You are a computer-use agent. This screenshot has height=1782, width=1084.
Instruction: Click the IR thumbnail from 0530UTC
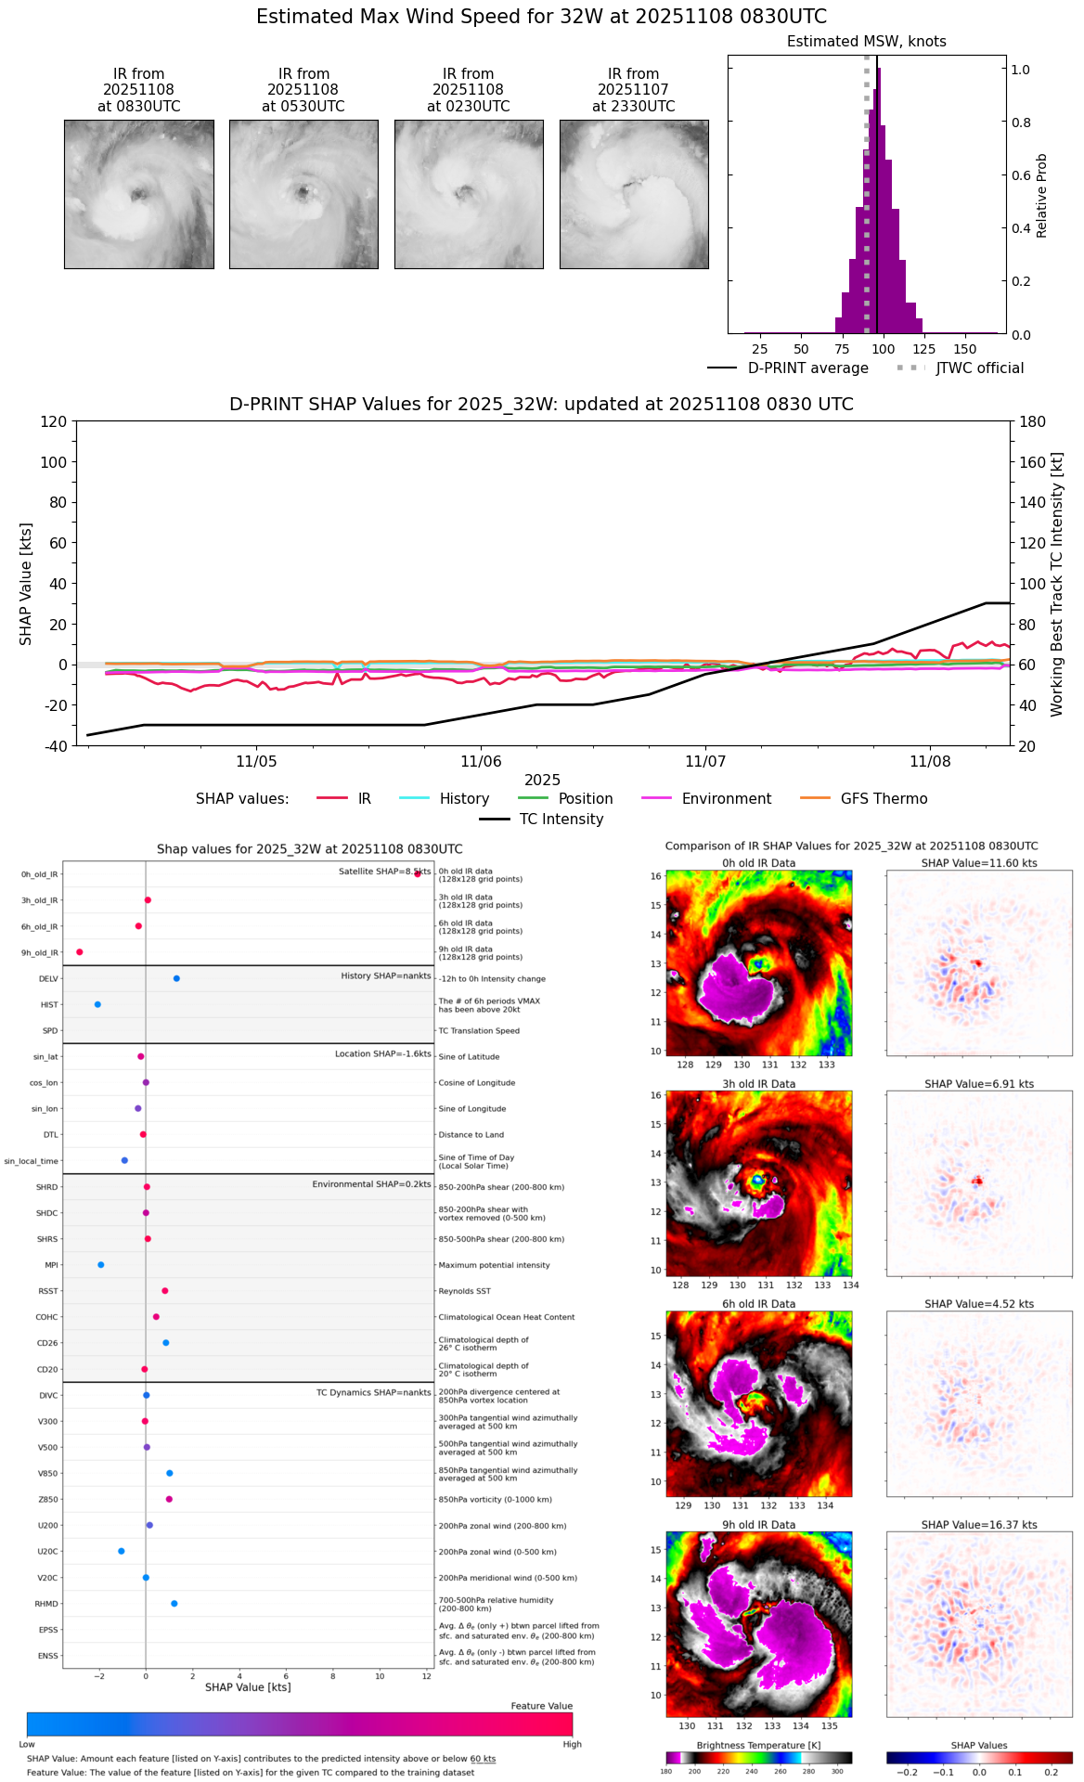click(303, 194)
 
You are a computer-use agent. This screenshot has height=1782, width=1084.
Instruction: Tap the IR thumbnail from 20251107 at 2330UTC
click(634, 194)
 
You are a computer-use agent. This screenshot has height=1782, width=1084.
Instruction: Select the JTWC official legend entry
click(979, 368)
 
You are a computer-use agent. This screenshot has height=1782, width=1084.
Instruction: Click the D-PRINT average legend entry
click(807, 368)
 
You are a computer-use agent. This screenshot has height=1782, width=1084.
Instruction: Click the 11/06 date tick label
click(481, 762)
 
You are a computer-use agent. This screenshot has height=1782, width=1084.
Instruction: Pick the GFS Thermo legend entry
click(884, 799)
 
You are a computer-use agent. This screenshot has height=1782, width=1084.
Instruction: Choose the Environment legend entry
click(726, 799)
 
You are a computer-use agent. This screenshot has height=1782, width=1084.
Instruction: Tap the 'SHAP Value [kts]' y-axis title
click(26, 584)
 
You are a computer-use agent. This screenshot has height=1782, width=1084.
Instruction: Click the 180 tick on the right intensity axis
click(1033, 421)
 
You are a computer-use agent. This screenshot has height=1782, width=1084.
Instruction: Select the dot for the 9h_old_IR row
click(80, 952)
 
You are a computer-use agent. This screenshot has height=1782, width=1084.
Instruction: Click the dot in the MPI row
click(101, 1265)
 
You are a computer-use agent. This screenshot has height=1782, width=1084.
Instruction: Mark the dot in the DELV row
click(176, 978)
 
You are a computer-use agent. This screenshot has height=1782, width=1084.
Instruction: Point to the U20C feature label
click(47, 1552)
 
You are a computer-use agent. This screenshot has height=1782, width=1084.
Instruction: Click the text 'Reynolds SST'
click(465, 1291)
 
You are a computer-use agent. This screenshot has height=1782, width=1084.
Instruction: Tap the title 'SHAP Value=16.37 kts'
click(979, 1525)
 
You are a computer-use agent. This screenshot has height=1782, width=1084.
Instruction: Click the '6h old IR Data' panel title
click(758, 1304)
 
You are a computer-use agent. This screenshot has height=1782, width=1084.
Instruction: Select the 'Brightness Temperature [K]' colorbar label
click(758, 1746)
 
